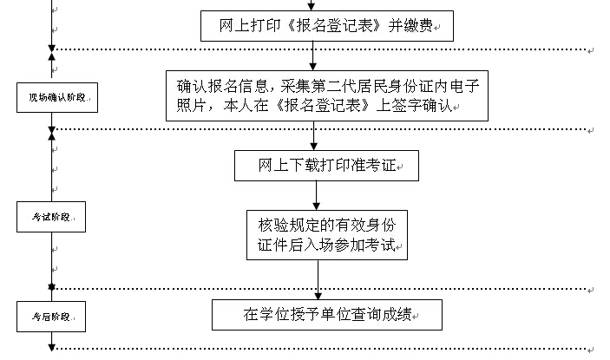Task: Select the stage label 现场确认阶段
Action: [56, 98]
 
